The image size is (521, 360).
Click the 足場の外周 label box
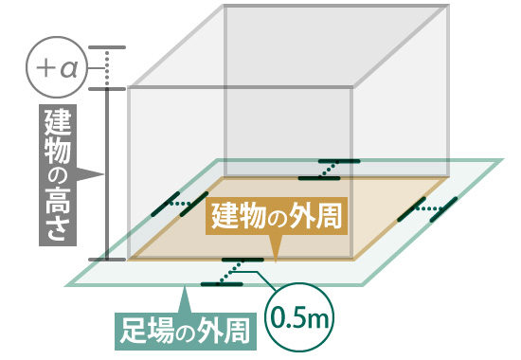coord(186,331)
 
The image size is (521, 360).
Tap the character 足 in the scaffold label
coord(133,331)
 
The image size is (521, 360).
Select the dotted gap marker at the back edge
coord(329,169)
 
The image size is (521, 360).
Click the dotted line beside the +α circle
coord(106,68)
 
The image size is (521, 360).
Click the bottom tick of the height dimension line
coord(106,258)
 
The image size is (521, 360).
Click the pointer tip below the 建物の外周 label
coord(276,254)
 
